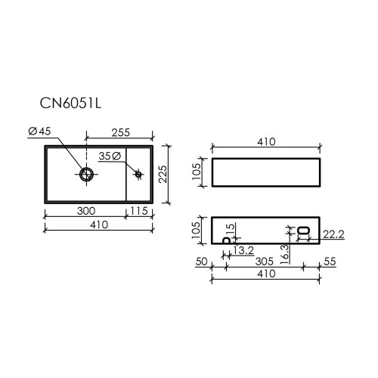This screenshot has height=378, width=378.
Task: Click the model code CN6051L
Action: point(70,103)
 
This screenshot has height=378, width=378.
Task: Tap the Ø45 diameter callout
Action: point(39,132)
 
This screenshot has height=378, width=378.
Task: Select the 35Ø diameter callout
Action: point(110,156)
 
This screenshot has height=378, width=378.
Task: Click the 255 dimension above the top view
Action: point(121,132)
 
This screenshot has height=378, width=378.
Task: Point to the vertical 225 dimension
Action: point(163,174)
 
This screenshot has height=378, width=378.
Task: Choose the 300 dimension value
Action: point(86,211)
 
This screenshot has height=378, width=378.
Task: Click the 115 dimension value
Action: point(139,211)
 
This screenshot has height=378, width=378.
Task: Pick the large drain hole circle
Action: point(86,174)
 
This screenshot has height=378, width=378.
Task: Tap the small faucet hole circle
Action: point(138,174)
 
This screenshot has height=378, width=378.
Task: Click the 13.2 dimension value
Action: point(243,250)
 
